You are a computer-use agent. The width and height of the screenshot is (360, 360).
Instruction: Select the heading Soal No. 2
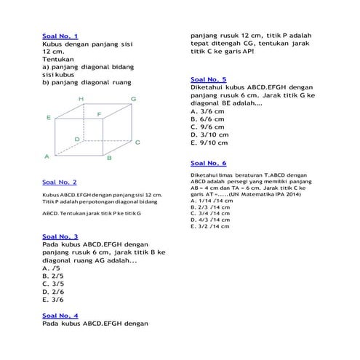coord(60,182)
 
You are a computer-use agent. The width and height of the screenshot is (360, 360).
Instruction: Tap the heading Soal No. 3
coord(60,236)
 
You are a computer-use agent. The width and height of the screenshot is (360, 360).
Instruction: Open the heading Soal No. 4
coord(60,315)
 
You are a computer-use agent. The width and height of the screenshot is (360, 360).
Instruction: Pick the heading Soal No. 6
coord(208,163)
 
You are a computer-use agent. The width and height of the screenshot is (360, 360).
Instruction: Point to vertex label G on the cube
coord(133,98)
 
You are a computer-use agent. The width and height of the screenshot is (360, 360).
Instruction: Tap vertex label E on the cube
coord(48,117)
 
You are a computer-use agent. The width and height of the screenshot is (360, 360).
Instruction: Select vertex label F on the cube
coord(99,114)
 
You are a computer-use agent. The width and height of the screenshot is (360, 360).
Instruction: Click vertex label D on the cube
coord(77,138)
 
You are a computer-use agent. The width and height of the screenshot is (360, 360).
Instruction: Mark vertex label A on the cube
coord(47,156)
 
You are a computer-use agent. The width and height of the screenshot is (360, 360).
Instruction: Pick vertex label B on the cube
coord(108,157)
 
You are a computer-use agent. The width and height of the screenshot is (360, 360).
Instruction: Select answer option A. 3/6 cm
coord(207,111)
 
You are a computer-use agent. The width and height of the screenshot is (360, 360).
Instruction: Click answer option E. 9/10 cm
coord(209,143)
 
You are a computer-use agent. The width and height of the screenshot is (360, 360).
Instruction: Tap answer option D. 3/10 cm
coord(209,135)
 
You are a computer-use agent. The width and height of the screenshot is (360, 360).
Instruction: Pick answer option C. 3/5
coord(53,284)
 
